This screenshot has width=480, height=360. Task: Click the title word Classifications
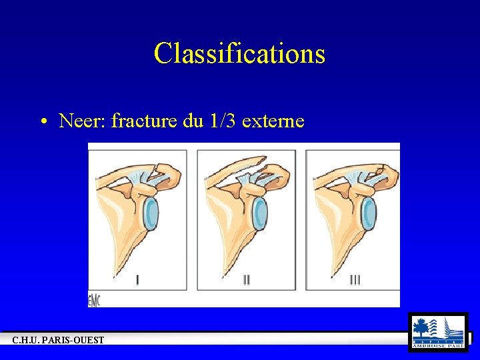(239, 53)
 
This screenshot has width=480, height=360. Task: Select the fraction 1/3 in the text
(223, 121)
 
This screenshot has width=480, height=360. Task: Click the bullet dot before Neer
(43, 122)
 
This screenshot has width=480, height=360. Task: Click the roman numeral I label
(137, 280)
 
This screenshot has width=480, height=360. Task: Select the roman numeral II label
(246, 280)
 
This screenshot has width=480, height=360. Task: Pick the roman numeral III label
(355, 280)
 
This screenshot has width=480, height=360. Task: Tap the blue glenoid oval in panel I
(151, 213)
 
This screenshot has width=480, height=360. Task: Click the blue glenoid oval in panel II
(259, 213)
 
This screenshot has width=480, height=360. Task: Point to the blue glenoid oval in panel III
(367, 213)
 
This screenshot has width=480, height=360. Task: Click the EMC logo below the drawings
(94, 301)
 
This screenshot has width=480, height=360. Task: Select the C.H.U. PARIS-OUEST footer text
(58, 341)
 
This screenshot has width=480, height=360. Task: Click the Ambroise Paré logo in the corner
(438, 332)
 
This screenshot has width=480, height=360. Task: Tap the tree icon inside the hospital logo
(421, 328)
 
